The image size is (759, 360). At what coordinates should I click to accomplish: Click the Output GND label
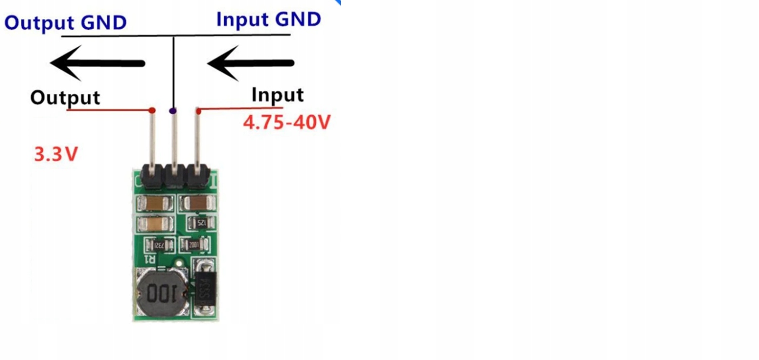tap(65, 23)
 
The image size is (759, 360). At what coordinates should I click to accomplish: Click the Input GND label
tap(268, 19)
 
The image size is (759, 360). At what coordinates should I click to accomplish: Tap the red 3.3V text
tap(56, 155)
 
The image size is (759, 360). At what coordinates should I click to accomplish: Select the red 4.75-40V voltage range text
tap(286, 123)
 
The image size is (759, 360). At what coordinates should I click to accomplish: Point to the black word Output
tap(65, 98)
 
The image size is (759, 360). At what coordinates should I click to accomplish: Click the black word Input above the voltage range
tap(278, 95)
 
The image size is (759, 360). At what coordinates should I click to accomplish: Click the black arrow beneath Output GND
tap(98, 63)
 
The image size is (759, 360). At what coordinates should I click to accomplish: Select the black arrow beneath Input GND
tap(251, 63)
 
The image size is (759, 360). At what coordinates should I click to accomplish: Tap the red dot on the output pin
tap(152, 110)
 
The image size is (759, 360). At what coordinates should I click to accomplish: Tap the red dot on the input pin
tap(198, 111)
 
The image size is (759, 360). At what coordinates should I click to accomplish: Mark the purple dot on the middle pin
tap(173, 110)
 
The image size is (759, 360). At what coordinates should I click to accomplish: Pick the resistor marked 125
tap(201, 222)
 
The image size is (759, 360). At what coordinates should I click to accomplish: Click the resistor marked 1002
tap(194, 244)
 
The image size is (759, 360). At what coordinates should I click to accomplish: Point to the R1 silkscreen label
tap(150, 260)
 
